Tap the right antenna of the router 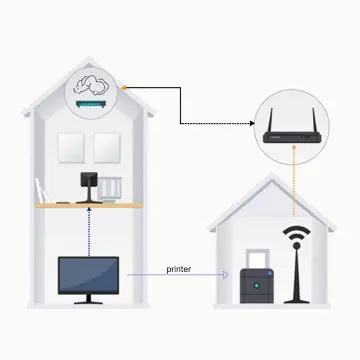pyautogui.click(x=318, y=109)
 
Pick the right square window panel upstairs pyautogui.click(x=107, y=148)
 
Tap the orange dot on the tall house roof pyautogui.click(x=122, y=88)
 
